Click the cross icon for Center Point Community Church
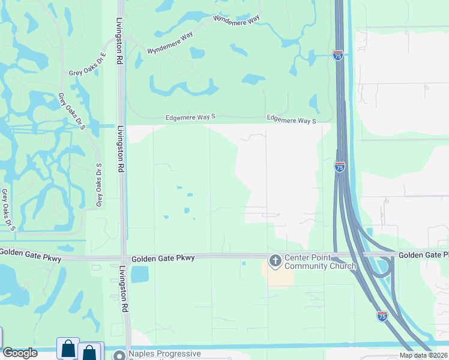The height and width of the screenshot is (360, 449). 275,260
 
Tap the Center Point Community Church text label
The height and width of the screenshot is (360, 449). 320,262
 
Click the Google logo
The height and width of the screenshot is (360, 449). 20,353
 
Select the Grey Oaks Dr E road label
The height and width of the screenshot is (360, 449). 87,73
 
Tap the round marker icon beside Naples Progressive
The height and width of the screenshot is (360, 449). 120,355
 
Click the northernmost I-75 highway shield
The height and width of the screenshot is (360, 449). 338,55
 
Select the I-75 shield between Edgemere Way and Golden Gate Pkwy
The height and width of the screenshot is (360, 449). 340,167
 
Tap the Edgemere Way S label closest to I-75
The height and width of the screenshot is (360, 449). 291,120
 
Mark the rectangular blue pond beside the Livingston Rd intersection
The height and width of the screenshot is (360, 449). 139,274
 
